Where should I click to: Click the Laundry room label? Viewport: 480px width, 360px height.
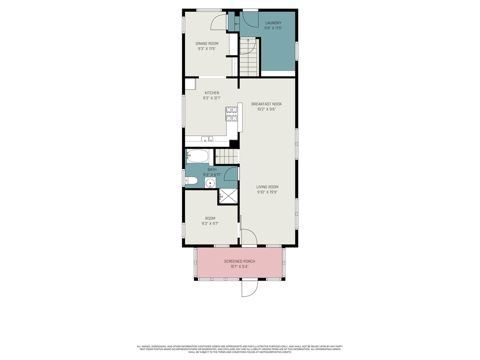pos(273,23)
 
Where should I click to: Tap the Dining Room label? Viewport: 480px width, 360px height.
pos(207,43)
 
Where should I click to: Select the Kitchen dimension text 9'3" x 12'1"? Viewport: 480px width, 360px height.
pos(212,98)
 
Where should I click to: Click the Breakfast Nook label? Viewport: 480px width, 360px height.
pos(266,104)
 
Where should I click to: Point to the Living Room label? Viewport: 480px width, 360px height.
pos(267,187)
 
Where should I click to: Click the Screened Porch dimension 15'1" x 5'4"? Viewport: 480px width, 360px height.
pos(239,267)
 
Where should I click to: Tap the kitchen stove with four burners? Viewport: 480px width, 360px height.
pos(231,114)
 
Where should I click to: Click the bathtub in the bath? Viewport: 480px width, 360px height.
pos(197,156)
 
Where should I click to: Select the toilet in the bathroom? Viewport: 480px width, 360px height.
pos(192,181)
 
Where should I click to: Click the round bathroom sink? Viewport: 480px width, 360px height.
pos(210,183)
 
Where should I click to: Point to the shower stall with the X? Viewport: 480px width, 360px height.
pos(228,196)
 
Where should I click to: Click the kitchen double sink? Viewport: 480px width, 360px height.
pos(207,139)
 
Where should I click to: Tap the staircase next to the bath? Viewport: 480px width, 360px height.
pos(226,156)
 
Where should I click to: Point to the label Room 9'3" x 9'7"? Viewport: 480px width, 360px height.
pos(210,221)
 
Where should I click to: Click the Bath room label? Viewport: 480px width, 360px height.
pos(212,169)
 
